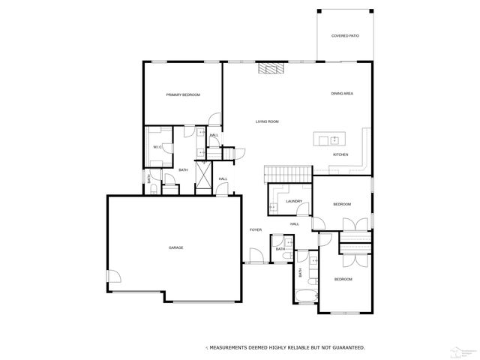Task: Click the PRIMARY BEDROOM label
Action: [x=183, y=94]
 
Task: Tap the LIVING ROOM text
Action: [x=267, y=121]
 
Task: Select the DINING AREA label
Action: [x=342, y=94]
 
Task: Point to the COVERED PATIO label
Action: [x=344, y=35]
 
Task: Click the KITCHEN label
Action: [x=340, y=154]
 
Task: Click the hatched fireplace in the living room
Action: [x=268, y=69]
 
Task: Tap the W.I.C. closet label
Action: [x=158, y=147]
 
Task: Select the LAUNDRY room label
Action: [x=293, y=201]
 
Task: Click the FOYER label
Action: [x=255, y=229]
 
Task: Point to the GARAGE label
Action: [x=175, y=247]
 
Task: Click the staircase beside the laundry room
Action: [x=287, y=173]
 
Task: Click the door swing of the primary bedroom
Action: [x=214, y=120]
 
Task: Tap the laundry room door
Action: [x=275, y=205]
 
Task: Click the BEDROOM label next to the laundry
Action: [x=342, y=204]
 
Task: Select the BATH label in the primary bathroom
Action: [x=183, y=169]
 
